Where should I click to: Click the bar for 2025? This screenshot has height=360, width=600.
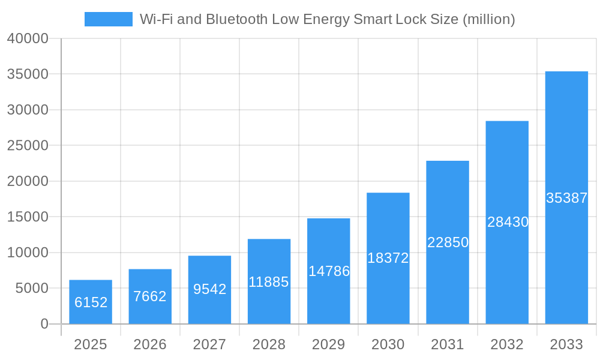click(x=91, y=302)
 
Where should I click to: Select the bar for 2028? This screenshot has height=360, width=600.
click(x=269, y=281)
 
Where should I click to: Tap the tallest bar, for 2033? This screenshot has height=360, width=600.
click(x=566, y=197)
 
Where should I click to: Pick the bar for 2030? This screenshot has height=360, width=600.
click(x=388, y=258)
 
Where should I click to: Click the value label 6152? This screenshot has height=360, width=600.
click(x=91, y=302)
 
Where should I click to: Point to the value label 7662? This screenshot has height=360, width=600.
click(x=150, y=296)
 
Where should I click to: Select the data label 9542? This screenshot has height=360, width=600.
click(x=209, y=289)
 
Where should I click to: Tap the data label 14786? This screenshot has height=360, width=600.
click(x=329, y=271)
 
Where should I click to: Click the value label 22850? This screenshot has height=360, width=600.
click(x=448, y=242)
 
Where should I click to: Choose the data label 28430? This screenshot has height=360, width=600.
click(x=508, y=222)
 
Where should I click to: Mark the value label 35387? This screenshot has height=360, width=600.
click(x=566, y=198)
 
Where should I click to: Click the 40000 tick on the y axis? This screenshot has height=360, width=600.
click(x=28, y=38)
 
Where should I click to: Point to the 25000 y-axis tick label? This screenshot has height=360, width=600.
click(x=28, y=146)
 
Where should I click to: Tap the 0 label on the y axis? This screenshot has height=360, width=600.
click(x=44, y=324)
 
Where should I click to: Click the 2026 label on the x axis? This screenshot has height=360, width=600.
click(x=150, y=344)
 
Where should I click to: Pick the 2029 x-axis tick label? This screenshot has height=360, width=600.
click(x=329, y=344)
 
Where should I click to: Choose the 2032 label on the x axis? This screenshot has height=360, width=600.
click(x=507, y=344)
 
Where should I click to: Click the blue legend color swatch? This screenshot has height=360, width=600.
click(x=109, y=19)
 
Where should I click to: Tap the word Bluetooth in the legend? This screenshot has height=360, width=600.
click(x=236, y=19)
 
